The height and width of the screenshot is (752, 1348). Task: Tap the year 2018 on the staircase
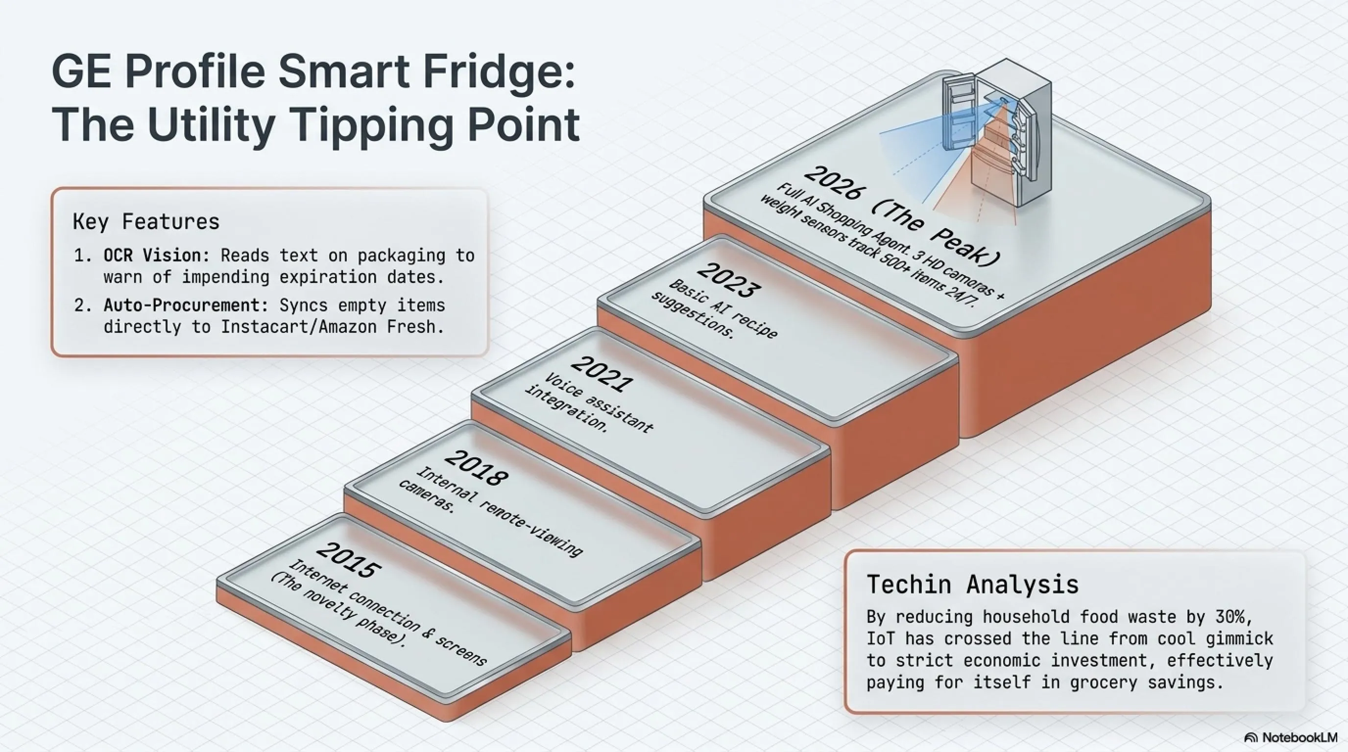[x=476, y=468]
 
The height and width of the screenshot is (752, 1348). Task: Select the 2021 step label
[x=602, y=374]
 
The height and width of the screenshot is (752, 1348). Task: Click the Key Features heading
[x=146, y=222]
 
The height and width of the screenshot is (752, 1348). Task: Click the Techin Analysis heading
[x=972, y=584]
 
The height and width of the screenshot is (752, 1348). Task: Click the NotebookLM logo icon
[x=1251, y=738]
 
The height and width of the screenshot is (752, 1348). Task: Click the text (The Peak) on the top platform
[x=937, y=235]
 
